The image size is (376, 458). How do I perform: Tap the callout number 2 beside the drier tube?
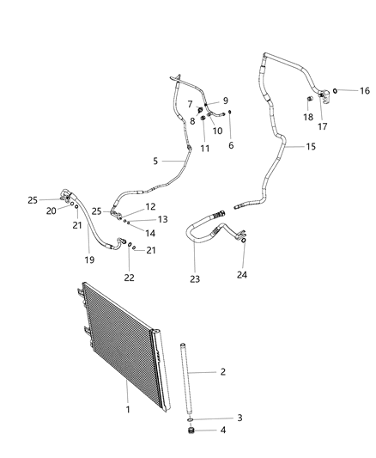pos(223,372)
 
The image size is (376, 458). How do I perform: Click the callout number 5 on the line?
pos(155,160)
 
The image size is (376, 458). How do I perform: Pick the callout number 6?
pos(231,145)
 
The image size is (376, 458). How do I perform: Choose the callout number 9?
pos(226,101)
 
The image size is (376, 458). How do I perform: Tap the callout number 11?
pos(204,149)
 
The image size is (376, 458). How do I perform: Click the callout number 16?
pos(364,91)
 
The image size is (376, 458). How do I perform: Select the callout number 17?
pos(324,126)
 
